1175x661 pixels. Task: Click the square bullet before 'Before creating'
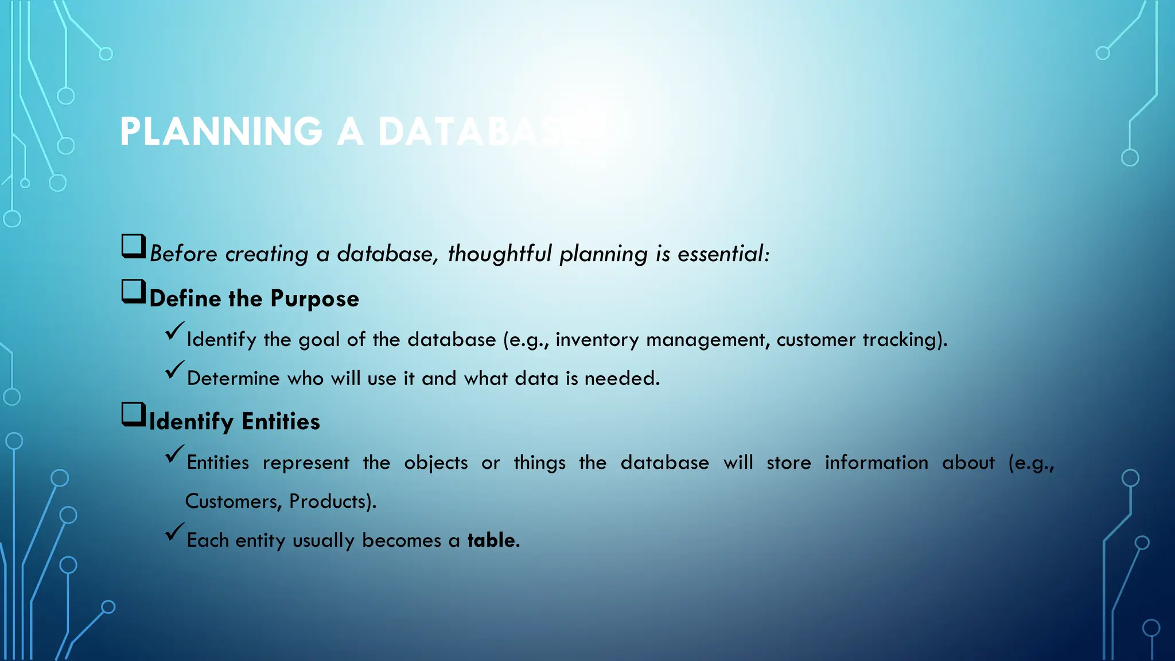[133, 247]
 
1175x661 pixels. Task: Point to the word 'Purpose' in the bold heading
[314, 300]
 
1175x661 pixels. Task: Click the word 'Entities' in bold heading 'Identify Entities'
[281, 422]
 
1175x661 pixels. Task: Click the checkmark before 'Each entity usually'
[174, 532]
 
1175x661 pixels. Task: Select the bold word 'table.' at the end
[493, 541]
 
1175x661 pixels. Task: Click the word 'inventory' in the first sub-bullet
[597, 340]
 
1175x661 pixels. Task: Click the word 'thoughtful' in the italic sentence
[499, 254]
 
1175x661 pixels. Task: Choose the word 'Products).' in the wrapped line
[333, 501]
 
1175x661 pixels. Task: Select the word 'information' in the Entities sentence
[876, 462]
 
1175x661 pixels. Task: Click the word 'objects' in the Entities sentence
[435, 463]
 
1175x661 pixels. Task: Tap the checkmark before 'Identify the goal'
[174, 331]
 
